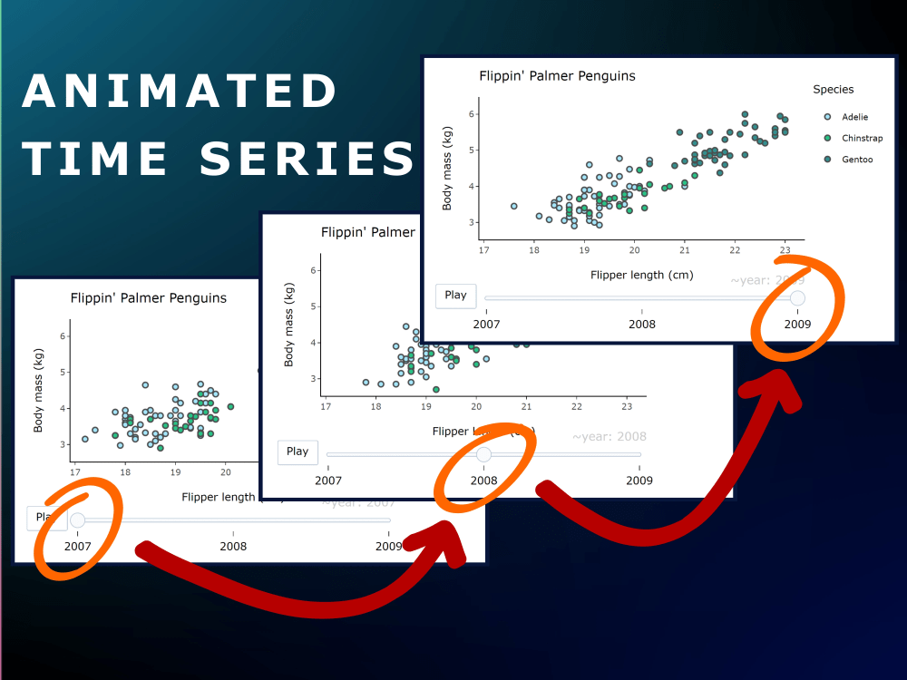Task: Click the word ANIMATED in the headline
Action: (x=180, y=92)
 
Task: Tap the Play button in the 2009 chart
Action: (x=455, y=296)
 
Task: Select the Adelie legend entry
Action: (x=855, y=117)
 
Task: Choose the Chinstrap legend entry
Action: (x=862, y=138)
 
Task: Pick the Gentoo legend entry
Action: (x=857, y=159)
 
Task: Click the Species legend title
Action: (x=833, y=89)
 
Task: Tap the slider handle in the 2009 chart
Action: (x=797, y=297)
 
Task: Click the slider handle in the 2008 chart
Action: (x=483, y=454)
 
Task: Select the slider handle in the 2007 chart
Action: (x=78, y=520)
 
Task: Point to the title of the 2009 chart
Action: (x=558, y=76)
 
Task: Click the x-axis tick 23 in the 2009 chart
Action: (x=785, y=250)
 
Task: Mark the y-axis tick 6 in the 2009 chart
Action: (x=471, y=114)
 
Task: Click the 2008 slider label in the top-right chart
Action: (x=642, y=324)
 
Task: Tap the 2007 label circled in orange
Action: (x=78, y=546)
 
